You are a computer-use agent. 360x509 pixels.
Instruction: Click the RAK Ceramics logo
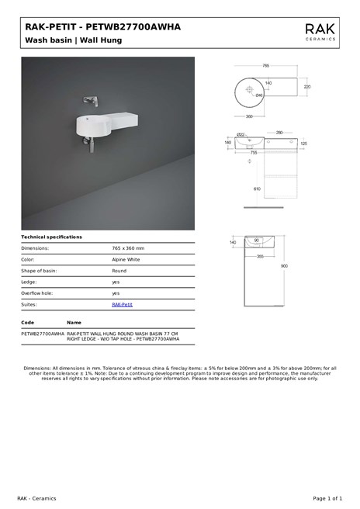coord(320,31)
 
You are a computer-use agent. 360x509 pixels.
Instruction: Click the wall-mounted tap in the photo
coord(92,100)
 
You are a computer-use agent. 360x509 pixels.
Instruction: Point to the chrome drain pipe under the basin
coord(91,144)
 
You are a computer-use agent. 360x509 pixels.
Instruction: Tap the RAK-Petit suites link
coord(122,304)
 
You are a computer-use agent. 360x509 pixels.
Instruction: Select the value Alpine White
coord(126,259)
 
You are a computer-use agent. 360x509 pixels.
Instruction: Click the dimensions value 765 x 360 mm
coord(128,248)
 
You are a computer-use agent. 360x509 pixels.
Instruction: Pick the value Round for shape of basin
coord(119,271)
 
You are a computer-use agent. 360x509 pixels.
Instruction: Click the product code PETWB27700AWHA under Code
coord(43,333)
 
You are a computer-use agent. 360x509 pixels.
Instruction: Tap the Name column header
coord(74,322)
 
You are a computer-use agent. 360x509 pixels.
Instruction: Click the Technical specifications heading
coord(51,237)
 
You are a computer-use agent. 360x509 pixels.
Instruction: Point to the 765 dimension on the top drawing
coord(265,66)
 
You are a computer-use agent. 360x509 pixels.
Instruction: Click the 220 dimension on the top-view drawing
coord(306,87)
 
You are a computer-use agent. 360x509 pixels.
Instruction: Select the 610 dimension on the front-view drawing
coord(257,189)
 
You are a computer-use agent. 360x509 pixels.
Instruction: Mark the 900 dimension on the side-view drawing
coord(284,265)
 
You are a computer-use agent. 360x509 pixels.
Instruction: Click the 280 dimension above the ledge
coord(279,133)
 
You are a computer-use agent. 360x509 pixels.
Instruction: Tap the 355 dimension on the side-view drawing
coord(261,255)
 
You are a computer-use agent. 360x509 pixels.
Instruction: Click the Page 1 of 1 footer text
coord(327,497)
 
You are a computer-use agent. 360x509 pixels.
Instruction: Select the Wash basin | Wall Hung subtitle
coord(73,40)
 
